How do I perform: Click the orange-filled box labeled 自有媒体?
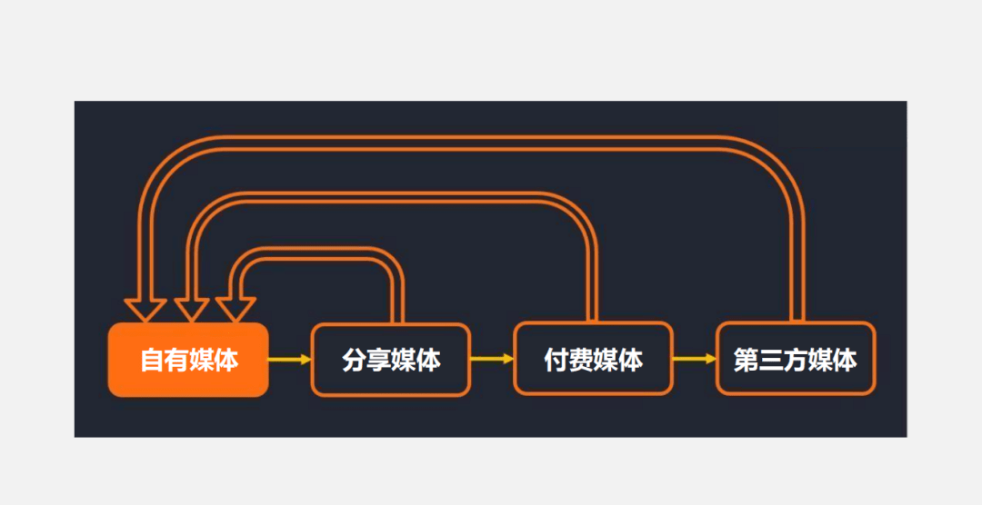point(188,360)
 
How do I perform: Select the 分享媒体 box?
point(391,360)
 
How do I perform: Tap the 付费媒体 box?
point(593,360)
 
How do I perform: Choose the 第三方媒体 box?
point(796,360)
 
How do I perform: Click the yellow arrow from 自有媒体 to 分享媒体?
point(289,360)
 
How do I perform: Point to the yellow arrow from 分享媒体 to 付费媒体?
point(492,360)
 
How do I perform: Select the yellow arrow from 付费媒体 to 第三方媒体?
point(695,360)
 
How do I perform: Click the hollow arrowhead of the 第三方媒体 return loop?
point(145,310)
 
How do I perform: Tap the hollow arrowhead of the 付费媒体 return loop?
point(191,310)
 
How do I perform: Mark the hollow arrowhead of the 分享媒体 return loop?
point(235,310)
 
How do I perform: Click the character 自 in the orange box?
point(152,361)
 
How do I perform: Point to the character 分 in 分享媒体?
point(354,361)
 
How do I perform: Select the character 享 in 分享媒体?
point(378,361)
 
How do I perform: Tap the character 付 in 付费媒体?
point(556,361)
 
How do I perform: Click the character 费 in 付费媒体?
point(581,361)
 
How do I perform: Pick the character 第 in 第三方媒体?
point(746,361)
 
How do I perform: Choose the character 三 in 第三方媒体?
point(770,361)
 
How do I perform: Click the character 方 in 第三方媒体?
point(795,361)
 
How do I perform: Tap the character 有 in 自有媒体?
point(176,361)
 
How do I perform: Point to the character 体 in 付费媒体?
point(630,361)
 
